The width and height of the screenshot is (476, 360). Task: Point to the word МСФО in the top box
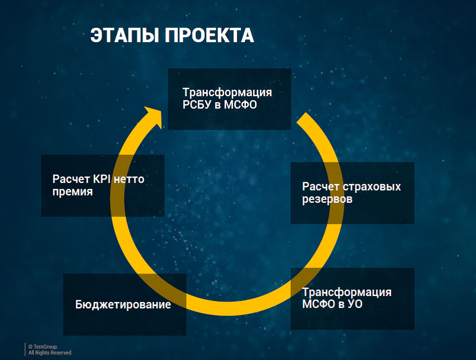tap(240, 105)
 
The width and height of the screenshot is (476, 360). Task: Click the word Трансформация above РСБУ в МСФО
tap(227, 92)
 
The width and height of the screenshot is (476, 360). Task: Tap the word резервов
tap(327, 199)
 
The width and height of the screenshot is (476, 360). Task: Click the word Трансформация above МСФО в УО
tap(347, 292)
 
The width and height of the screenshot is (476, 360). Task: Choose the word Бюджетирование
tap(123, 304)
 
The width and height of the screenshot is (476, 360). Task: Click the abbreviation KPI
tap(102, 179)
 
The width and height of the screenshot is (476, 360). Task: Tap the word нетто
tap(129, 180)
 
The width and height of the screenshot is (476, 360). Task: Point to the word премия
tap(72, 192)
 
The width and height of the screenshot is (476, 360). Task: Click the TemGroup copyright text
tap(43, 347)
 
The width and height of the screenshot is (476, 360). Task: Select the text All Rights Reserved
tap(51, 353)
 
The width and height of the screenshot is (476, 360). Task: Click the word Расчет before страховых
tap(321, 186)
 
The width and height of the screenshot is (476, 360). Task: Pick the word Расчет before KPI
tap(71, 179)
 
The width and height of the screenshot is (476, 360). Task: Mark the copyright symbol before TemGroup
tap(30, 347)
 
